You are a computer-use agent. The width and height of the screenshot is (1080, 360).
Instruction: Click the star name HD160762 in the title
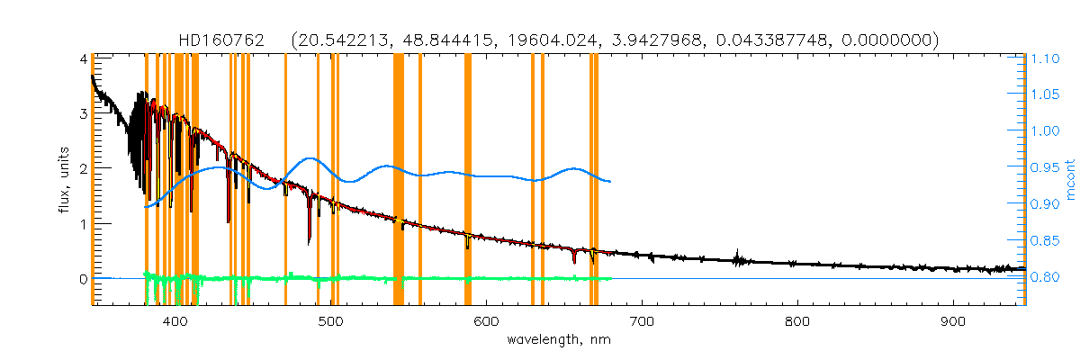click(220, 40)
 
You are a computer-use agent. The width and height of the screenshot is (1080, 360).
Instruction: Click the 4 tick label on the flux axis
click(82, 58)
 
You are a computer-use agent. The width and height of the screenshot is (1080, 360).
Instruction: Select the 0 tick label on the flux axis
click(82, 278)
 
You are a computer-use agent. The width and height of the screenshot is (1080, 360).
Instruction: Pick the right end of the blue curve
click(610, 182)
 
